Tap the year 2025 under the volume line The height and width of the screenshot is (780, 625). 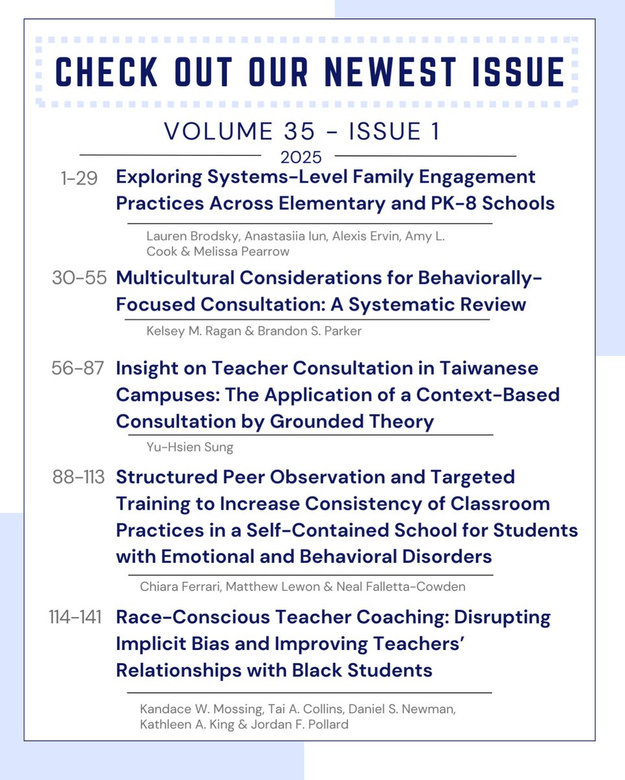point(300,157)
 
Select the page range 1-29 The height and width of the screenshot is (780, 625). point(78,177)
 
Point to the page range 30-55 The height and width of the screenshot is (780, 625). point(78,279)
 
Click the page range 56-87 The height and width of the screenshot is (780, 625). point(78,369)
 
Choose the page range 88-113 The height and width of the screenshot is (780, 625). point(79,478)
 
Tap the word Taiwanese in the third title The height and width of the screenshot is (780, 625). point(488,368)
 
